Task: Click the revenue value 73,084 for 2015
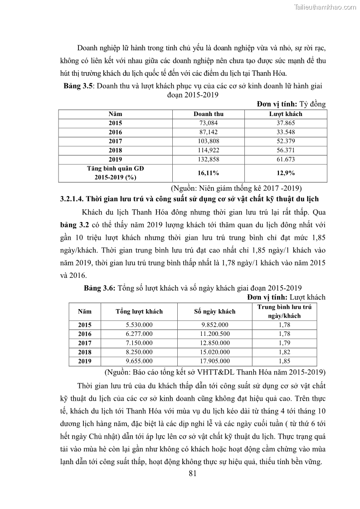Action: click(209, 123)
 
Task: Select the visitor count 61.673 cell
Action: click(286, 159)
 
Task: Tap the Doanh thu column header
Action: click(209, 114)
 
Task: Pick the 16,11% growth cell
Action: click(209, 173)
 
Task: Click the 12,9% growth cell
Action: click(286, 173)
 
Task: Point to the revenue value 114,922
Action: click(209, 150)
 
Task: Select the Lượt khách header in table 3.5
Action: click(286, 114)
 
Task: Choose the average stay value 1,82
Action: click(285, 352)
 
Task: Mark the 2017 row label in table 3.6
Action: click(85, 343)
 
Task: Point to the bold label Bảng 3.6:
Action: click(100, 288)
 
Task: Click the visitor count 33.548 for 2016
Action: click(286, 132)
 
